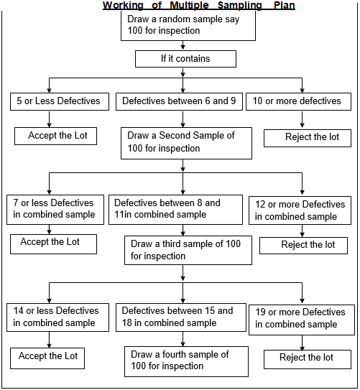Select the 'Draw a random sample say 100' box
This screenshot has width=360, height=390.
point(190,27)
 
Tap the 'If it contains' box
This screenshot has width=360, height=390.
point(185,59)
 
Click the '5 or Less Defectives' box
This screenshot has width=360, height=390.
point(60,101)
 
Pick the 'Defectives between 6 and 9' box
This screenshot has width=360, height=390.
point(180,101)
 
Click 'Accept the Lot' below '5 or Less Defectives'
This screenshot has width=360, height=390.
point(55,135)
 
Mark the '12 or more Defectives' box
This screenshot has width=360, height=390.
point(300,210)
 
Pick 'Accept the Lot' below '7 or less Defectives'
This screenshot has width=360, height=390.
point(55,243)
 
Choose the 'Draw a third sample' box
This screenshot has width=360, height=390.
point(188,250)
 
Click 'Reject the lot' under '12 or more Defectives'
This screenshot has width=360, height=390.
point(308,245)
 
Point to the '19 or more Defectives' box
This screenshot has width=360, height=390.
point(300,318)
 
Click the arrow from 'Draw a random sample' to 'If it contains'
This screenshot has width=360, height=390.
point(183,45)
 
